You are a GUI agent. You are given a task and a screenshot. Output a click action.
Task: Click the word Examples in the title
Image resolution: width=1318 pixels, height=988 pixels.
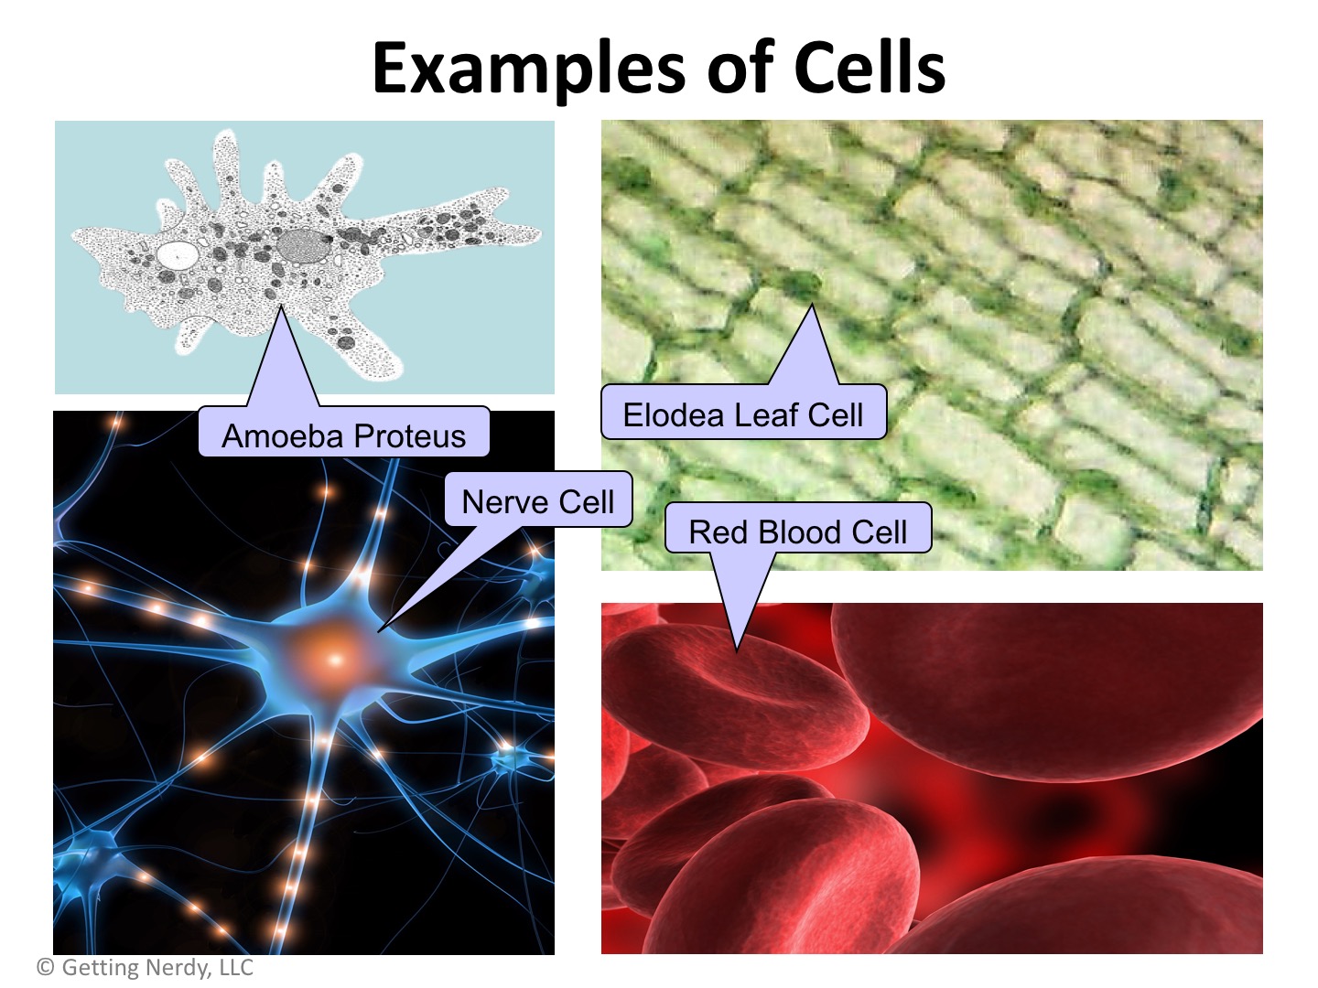(x=528, y=69)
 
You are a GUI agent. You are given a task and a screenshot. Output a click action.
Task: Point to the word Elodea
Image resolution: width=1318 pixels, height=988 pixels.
(x=673, y=415)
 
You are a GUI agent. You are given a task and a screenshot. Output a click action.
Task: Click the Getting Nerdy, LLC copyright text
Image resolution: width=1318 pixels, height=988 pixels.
(x=146, y=966)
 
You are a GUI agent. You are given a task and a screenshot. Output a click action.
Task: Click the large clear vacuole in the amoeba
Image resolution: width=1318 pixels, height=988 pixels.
(x=178, y=253)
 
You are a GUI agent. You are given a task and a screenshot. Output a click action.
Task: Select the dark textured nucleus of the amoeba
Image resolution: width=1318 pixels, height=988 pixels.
(x=302, y=245)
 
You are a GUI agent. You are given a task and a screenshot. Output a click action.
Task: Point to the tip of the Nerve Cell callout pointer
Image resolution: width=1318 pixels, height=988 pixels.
(x=378, y=631)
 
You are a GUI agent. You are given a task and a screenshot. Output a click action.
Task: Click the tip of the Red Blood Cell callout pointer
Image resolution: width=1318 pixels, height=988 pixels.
(x=737, y=651)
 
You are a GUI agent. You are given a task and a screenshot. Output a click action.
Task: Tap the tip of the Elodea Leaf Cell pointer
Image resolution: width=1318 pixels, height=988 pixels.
(x=812, y=304)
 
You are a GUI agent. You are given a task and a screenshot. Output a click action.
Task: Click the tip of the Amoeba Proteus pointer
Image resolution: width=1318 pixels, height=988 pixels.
(x=281, y=306)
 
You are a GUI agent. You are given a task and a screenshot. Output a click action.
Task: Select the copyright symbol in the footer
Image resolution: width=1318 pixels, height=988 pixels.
(x=46, y=966)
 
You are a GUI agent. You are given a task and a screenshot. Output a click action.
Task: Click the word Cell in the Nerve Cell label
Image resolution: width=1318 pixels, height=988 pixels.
(x=587, y=501)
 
